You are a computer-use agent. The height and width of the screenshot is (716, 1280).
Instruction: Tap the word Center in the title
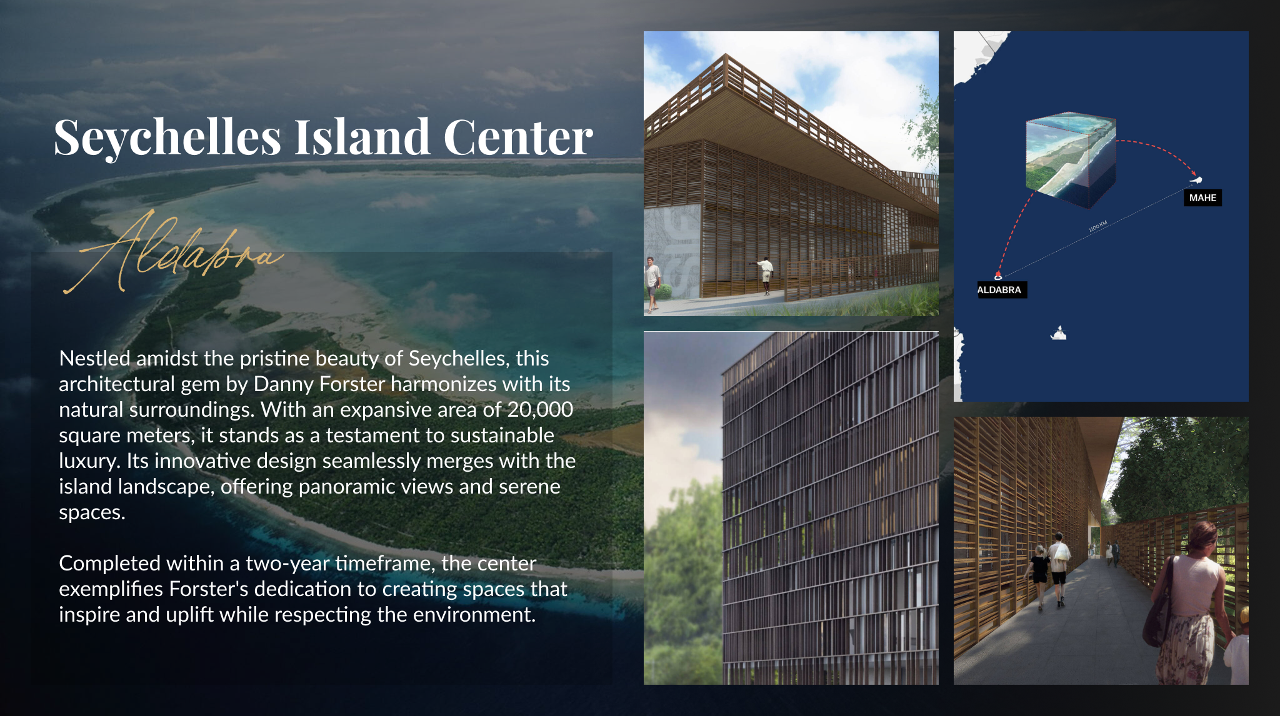click(518, 137)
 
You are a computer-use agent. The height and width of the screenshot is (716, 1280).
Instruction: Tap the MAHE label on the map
click(1202, 198)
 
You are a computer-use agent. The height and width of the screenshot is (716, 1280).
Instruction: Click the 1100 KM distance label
click(1097, 226)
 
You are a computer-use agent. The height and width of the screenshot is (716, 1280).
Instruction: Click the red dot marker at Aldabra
click(998, 275)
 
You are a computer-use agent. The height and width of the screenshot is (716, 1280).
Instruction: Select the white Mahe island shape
click(1196, 181)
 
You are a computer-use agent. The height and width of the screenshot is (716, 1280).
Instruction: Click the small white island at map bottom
click(1058, 333)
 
